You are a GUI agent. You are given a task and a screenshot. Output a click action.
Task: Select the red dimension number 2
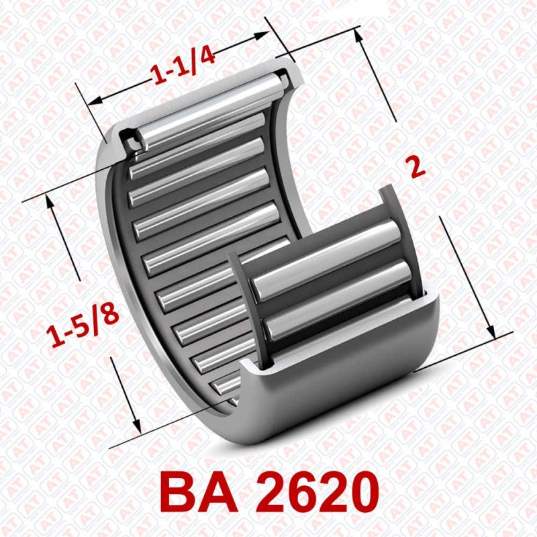[x=418, y=166]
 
